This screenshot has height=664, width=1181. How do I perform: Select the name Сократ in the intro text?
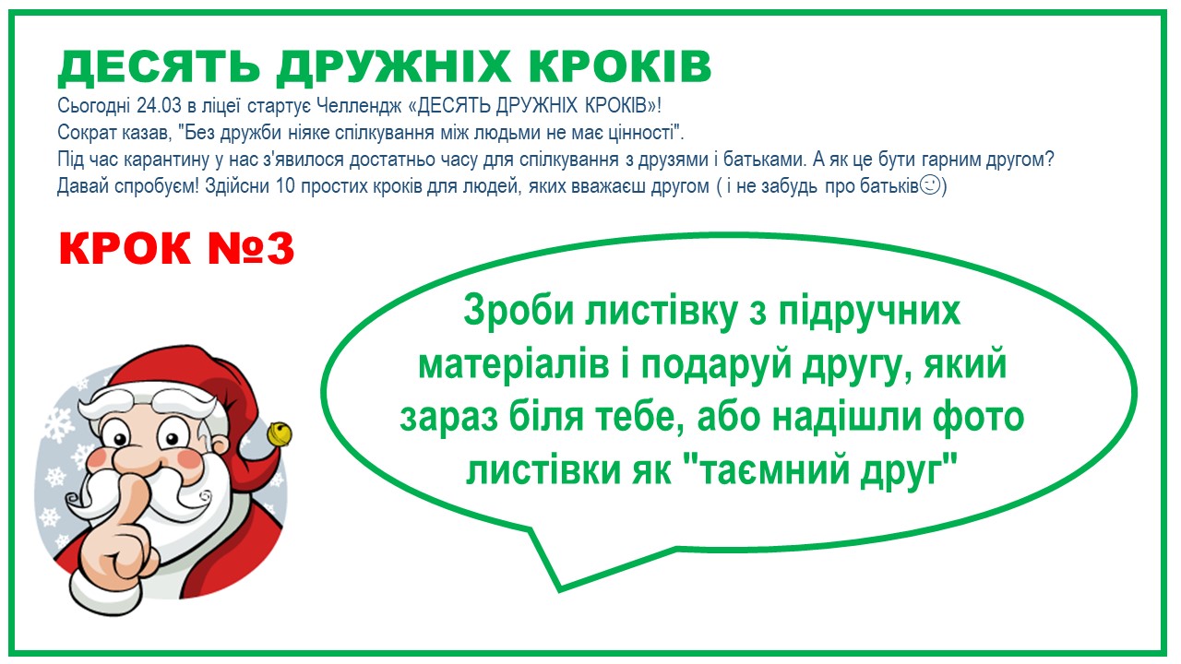[87, 132]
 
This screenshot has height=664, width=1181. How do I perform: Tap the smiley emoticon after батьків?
[929, 185]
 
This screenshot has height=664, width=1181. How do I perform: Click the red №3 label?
[251, 248]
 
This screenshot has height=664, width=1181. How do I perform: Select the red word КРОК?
[125, 248]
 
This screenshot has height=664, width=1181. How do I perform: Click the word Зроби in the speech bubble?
[519, 312]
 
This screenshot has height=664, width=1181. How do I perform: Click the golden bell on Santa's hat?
[280, 433]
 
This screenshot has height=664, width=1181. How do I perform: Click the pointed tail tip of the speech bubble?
[559, 589]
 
